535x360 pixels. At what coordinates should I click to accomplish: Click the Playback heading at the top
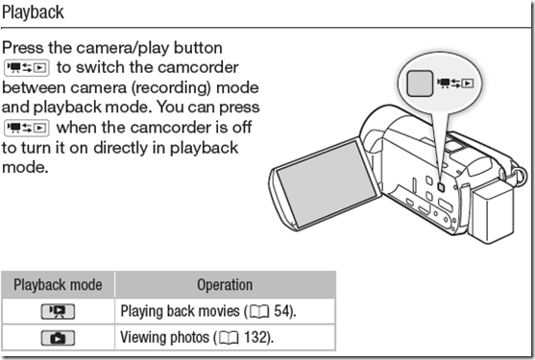coord(33,12)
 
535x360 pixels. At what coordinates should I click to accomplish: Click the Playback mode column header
coord(58,285)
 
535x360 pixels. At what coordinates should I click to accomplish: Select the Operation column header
coord(225,285)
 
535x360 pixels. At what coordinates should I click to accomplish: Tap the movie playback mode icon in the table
coord(58,311)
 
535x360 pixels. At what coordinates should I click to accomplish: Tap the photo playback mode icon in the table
coord(58,338)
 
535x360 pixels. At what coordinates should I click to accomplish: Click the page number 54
coord(281,311)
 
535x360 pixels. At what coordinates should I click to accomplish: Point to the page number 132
coord(255,338)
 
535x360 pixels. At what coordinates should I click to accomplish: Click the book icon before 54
coord(259,312)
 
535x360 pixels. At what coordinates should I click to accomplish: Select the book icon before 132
coord(229,338)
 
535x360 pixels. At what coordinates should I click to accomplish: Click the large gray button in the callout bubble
coord(420,84)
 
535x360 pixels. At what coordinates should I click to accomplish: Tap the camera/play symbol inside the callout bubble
coord(455,84)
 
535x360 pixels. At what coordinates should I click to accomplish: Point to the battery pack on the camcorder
coord(493,214)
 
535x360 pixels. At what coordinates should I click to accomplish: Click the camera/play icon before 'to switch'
coord(27,67)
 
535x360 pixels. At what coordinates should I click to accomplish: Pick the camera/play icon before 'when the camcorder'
coord(27,128)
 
